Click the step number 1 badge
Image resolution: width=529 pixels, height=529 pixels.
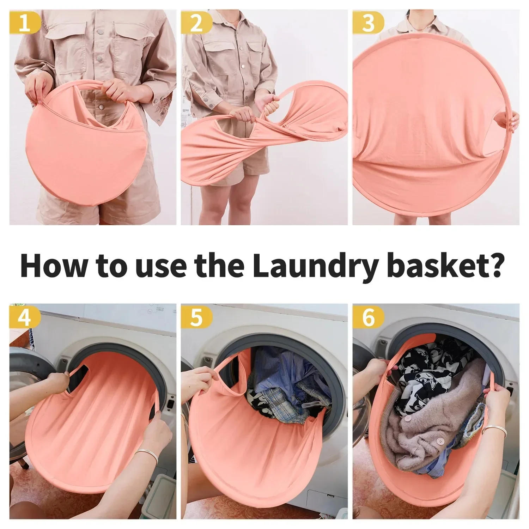coord(24,24)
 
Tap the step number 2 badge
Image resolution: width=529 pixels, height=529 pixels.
coord(196,24)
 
